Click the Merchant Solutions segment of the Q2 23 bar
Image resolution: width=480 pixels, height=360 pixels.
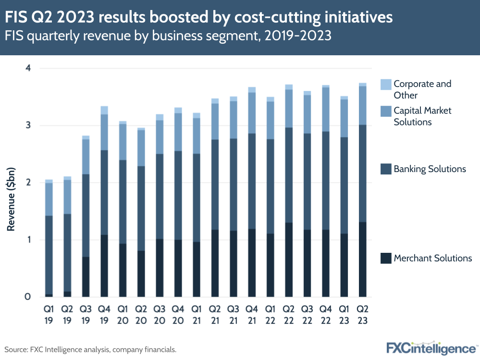click(x=363, y=260)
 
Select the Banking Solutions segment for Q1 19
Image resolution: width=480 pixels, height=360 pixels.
click(x=49, y=255)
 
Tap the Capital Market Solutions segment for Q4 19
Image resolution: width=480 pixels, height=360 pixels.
click(x=104, y=132)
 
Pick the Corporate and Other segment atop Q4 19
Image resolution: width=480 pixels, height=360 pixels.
click(x=104, y=110)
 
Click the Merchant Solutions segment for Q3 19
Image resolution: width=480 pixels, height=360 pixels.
click(x=86, y=277)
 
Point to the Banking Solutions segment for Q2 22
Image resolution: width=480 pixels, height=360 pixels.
click(x=289, y=175)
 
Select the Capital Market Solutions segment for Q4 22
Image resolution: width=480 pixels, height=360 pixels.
click(x=326, y=110)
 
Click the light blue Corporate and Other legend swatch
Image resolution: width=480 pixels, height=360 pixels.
click(x=385, y=85)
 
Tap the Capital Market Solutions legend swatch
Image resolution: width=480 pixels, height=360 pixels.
click(x=385, y=112)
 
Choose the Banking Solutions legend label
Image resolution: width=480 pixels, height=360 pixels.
click(x=430, y=169)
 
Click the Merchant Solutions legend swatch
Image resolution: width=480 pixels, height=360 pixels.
click(x=385, y=259)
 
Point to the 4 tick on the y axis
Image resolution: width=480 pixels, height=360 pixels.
click(x=28, y=68)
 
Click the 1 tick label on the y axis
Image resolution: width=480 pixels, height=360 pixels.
click(x=28, y=240)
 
